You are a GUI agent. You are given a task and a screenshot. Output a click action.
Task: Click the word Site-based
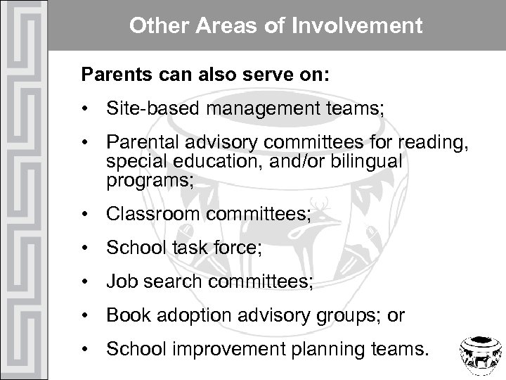(143, 109)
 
